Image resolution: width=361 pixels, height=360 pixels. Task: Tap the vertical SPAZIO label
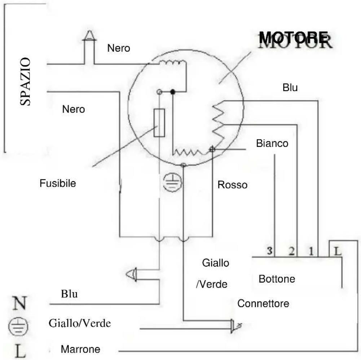[x=25, y=81]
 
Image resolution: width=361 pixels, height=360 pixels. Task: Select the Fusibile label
[x=58, y=183]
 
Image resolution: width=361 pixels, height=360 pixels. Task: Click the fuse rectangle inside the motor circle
[x=159, y=123]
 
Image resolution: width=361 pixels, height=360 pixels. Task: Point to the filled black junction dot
[x=173, y=92]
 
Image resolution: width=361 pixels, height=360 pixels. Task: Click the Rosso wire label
[x=233, y=185]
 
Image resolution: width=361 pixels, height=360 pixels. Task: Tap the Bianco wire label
[x=272, y=143]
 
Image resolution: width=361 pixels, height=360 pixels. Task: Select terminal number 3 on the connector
[x=269, y=250]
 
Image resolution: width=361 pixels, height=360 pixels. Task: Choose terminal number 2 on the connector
[x=291, y=251]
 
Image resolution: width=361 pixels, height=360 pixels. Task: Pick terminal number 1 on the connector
[x=311, y=251]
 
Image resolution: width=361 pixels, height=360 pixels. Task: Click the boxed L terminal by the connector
[x=337, y=251]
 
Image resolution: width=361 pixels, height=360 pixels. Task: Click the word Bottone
[x=277, y=279]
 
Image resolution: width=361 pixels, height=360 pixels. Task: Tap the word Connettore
[x=263, y=304]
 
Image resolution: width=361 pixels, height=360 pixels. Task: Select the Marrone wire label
[x=80, y=349]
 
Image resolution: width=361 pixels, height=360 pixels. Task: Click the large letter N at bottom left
[x=19, y=303]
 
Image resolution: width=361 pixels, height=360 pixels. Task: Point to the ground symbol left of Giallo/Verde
[x=18, y=326]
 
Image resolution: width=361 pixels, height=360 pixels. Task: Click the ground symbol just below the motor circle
[x=172, y=182]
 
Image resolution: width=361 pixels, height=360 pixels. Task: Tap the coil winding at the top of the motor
[x=173, y=62]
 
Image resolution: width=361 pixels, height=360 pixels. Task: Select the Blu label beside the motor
[x=290, y=88]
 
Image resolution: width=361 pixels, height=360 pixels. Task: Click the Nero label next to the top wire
[x=119, y=48]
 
